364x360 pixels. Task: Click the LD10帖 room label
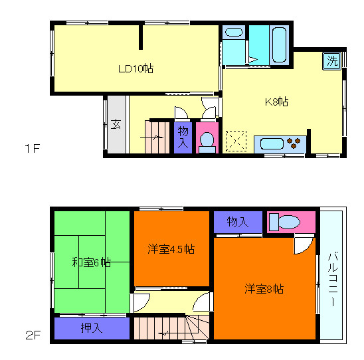[x=136, y=68]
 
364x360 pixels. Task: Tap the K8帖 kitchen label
[x=276, y=102]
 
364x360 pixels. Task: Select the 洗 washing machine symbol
[x=331, y=61]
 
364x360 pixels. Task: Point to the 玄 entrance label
[x=116, y=124]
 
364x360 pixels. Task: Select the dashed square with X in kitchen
[x=236, y=141]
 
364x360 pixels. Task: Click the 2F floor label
[x=33, y=335]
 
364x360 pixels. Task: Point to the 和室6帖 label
[x=91, y=262]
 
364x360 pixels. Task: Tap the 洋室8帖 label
[x=264, y=289]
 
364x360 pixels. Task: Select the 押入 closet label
[x=91, y=328]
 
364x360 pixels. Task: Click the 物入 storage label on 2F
[x=237, y=221]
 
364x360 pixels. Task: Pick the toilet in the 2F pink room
[x=287, y=222]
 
